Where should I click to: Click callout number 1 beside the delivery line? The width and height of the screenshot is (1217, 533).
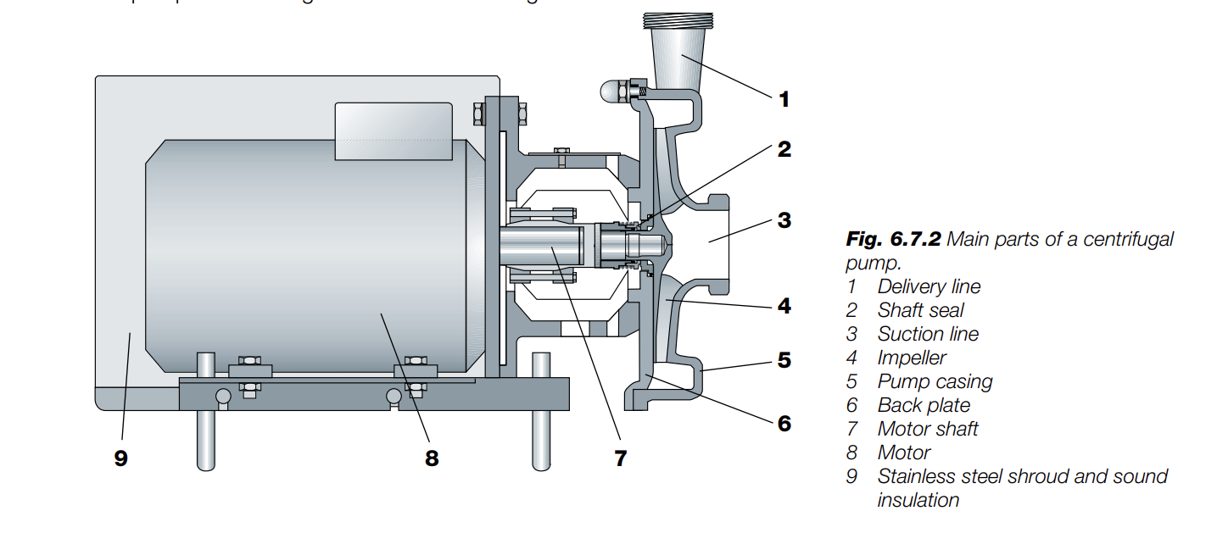click(784, 100)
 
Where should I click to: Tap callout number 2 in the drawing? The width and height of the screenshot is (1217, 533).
click(784, 150)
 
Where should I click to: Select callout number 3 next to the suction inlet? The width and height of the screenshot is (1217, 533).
click(784, 220)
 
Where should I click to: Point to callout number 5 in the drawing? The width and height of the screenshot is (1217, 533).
click(784, 360)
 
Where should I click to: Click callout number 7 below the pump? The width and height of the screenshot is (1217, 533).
click(621, 458)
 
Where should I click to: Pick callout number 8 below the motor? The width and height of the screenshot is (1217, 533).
click(432, 458)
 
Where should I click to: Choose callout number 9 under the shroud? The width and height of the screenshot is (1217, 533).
click(120, 458)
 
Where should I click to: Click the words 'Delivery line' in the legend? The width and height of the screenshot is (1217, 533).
click(929, 287)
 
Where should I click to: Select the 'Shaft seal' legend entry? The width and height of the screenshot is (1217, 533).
click(920, 311)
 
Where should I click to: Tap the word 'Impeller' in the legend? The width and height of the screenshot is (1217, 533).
click(912, 358)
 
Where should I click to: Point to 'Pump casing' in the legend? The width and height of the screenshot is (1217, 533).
click(935, 382)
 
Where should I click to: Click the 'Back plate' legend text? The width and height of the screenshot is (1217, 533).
click(924, 406)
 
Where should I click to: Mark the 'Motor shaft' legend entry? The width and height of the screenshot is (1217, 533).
click(928, 430)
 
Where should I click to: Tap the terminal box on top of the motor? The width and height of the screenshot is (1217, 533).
click(394, 130)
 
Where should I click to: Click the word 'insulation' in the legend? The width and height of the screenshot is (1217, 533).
click(918, 501)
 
